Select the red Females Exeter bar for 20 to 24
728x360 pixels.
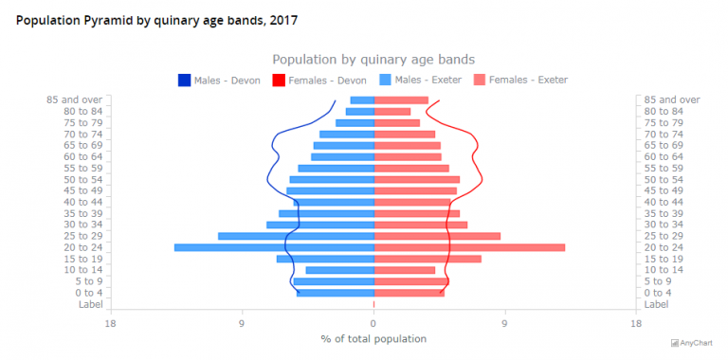coord(469,247)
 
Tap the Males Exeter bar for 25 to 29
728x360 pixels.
coord(296,236)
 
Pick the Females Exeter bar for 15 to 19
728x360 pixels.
coord(428,259)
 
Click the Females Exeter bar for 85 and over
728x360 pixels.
coord(401,100)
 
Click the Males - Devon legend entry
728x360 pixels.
coord(219,81)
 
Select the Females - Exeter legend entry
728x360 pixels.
coord(520,81)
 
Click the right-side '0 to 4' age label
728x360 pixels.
coord(658,293)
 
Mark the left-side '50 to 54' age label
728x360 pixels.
coord(83,179)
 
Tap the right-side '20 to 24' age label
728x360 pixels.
coord(664,247)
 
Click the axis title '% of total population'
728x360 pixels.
coord(373,339)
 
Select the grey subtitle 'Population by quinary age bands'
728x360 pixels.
coord(373,59)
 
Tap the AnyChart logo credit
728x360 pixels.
coord(697,343)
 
